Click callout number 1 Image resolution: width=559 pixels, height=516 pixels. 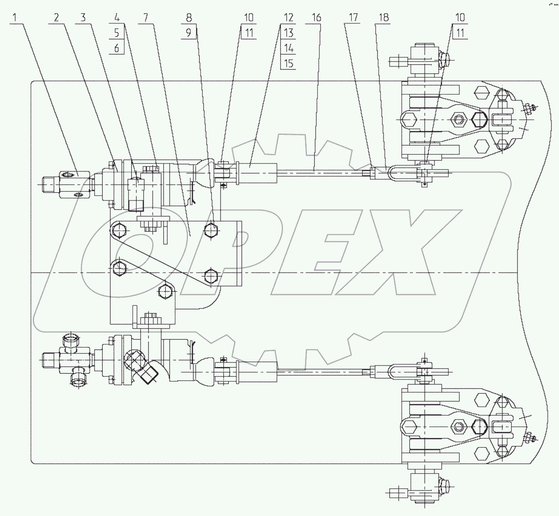(x=15, y=18)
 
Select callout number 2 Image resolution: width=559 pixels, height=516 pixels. (x=57, y=18)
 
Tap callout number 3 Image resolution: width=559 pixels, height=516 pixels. (x=83, y=18)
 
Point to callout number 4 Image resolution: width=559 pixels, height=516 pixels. (x=117, y=18)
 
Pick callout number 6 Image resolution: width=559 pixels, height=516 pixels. (x=117, y=48)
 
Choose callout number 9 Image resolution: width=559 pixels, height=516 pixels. (x=189, y=33)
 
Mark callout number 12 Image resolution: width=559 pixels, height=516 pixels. (x=288, y=18)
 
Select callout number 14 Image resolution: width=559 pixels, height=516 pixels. (x=288, y=48)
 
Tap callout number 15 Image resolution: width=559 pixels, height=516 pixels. (x=288, y=63)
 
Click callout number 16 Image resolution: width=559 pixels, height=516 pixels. (x=316, y=18)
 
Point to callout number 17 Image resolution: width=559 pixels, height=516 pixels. (x=353, y=18)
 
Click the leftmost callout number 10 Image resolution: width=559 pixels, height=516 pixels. (x=248, y=18)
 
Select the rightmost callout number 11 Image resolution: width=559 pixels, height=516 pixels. (x=460, y=33)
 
